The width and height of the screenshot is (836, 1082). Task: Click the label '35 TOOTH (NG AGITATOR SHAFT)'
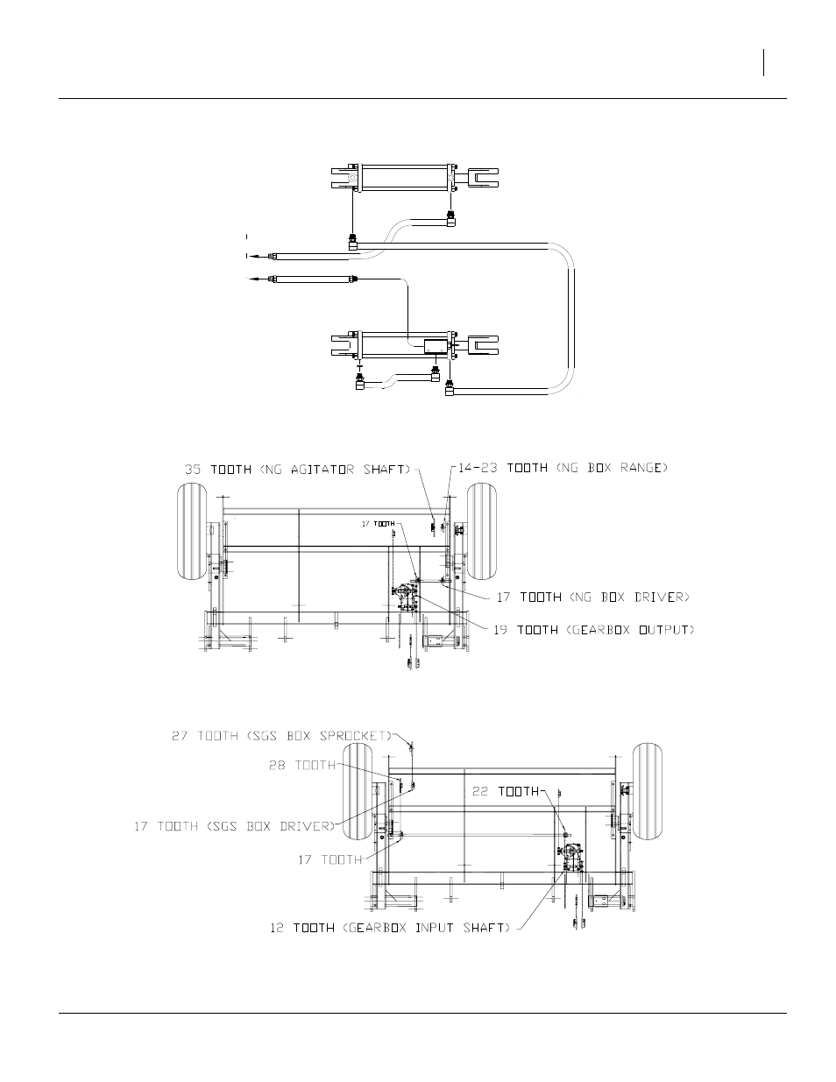click(298, 470)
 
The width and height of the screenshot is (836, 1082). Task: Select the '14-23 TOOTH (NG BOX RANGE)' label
click(563, 468)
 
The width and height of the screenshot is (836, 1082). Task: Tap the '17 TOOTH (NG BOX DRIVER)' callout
click(593, 597)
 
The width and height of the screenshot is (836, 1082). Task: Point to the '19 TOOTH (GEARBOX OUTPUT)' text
click(593, 630)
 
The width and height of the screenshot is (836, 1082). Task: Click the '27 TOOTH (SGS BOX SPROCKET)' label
click(282, 736)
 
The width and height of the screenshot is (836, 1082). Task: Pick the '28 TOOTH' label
click(302, 765)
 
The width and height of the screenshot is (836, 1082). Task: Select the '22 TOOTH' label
click(506, 791)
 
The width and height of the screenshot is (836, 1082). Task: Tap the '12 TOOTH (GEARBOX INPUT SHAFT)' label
click(390, 928)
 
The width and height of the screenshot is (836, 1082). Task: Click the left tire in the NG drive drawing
click(192, 531)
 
